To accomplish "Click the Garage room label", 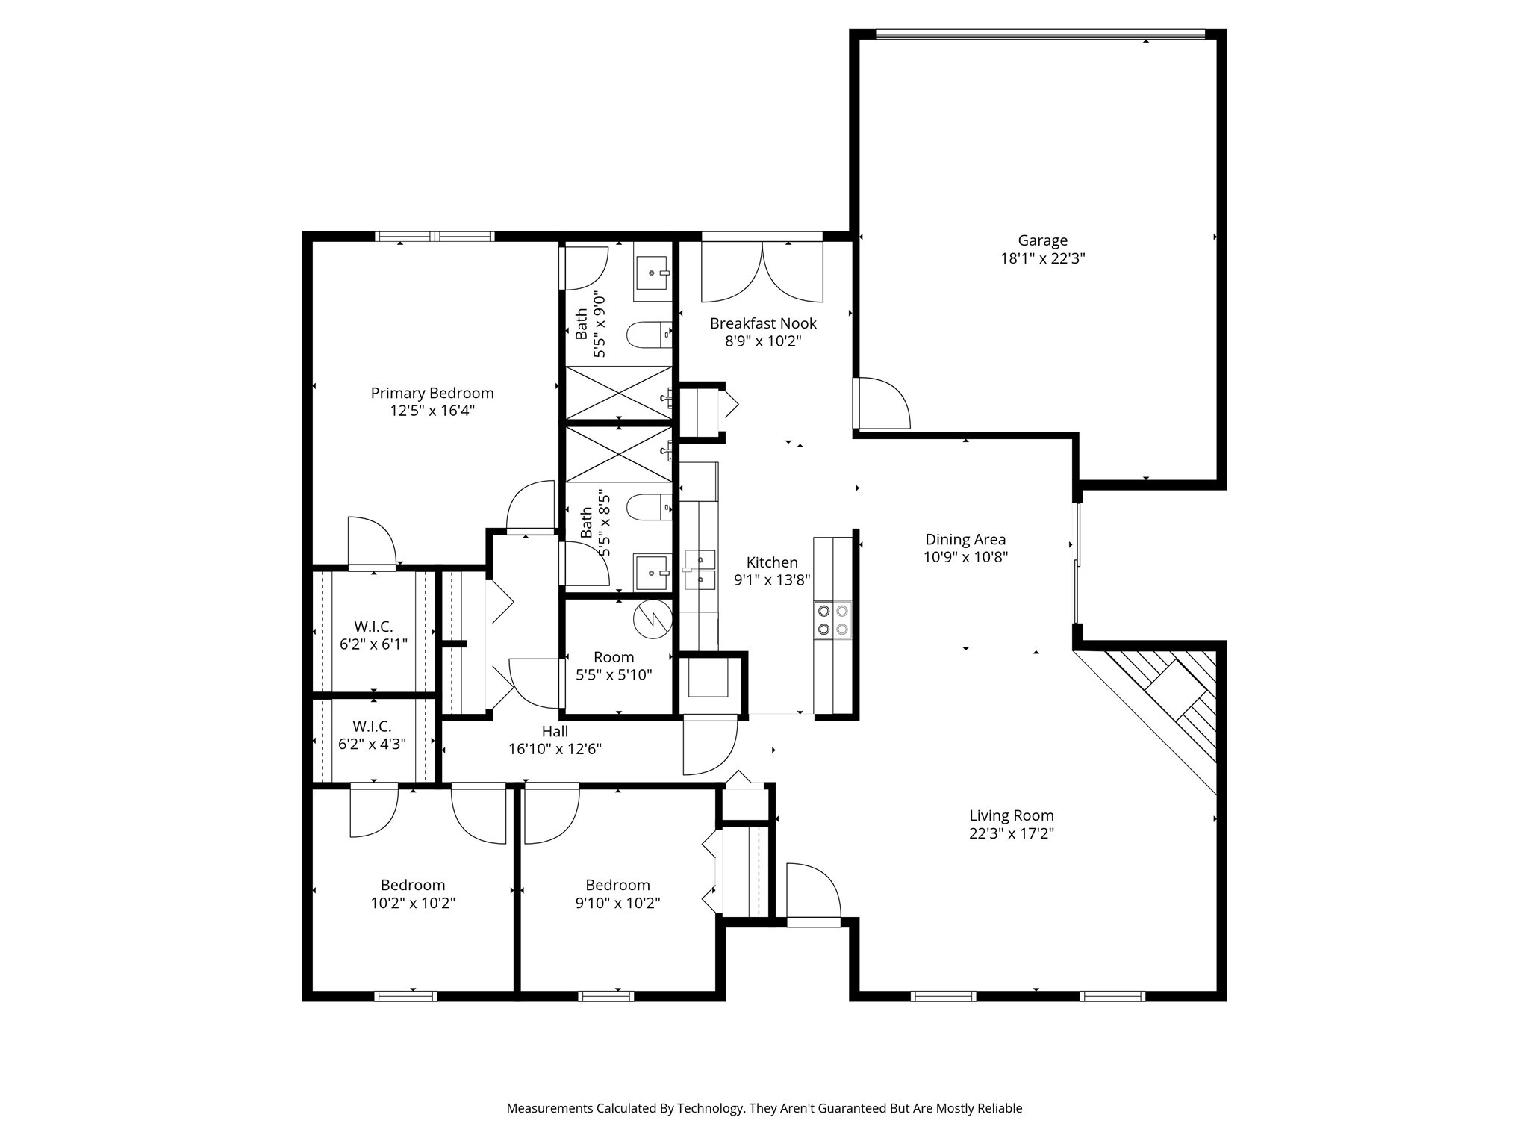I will [1042, 240].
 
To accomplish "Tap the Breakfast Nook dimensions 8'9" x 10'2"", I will [763, 342].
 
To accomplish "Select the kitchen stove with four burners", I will [832, 619].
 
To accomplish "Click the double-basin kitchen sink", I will [700, 569].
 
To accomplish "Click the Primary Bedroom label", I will [432, 393].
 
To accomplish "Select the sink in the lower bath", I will [652, 573].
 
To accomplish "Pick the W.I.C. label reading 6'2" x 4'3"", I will [372, 744].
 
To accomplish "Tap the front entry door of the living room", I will [813, 893].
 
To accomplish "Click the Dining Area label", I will [965, 539].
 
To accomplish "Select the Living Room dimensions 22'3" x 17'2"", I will [1011, 833].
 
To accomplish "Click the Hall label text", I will [555, 731].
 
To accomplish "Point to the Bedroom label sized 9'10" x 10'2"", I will [617, 886].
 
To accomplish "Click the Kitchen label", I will [772, 562].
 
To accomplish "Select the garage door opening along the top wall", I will [1040, 34].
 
